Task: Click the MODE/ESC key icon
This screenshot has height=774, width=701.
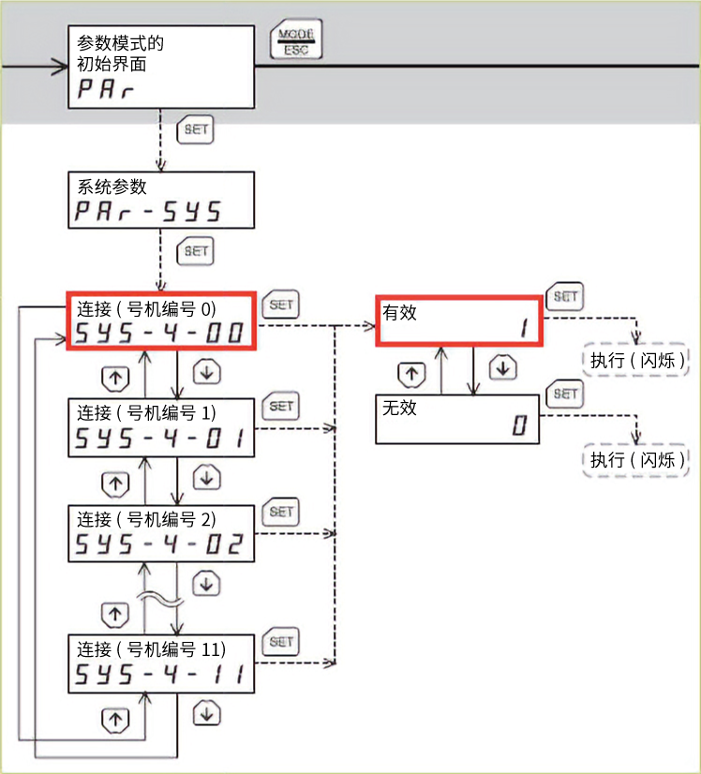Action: pos(296,42)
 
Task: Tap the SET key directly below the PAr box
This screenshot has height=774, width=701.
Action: pos(196,130)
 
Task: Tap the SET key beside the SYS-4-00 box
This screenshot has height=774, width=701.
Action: pos(282,305)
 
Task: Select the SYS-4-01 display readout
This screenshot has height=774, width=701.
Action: pos(160,438)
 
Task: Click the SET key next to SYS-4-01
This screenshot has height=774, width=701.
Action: pos(282,407)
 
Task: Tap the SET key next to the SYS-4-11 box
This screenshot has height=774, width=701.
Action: pos(282,642)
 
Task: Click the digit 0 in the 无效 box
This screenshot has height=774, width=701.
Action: pos(519,428)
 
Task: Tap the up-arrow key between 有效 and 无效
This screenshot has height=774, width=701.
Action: pos(409,373)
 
